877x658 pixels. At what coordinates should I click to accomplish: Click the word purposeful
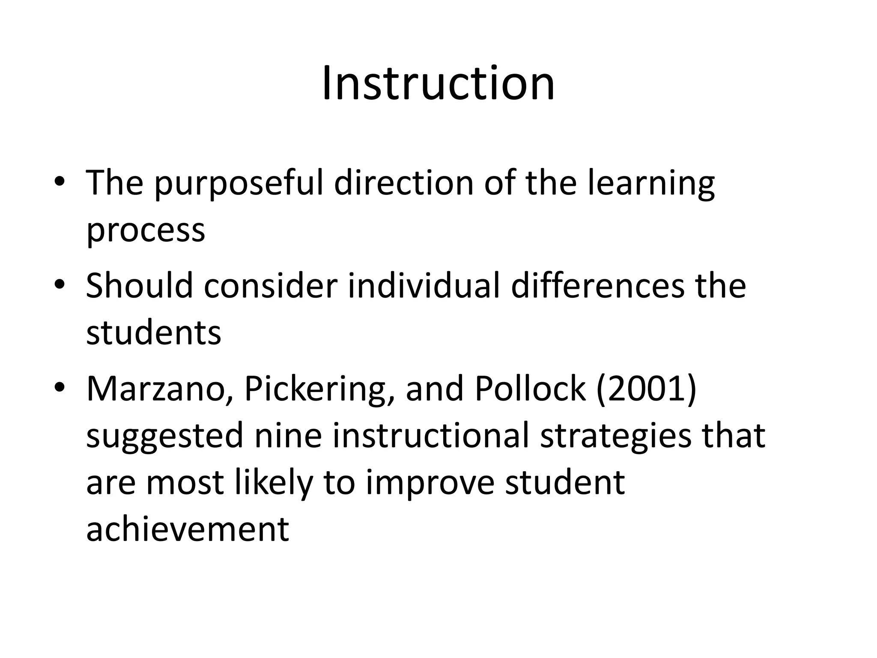pyautogui.click(x=239, y=184)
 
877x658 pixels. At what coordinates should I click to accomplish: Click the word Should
pyautogui.click(x=139, y=286)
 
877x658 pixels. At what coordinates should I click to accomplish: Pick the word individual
pyautogui.click(x=424, y=286)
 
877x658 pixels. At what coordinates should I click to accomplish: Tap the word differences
pyautogui.click(x=598, y=286)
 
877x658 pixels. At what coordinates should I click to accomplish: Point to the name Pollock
pyautogui.click(x=530, y=389)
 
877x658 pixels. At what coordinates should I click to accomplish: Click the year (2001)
pyautogui.click(x=646, y=389)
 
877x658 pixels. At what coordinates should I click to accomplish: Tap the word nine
pyautogui.click(x=288, y=435)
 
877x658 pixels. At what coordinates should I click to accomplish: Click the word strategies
pyautogui.click(x=615, y=436)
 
